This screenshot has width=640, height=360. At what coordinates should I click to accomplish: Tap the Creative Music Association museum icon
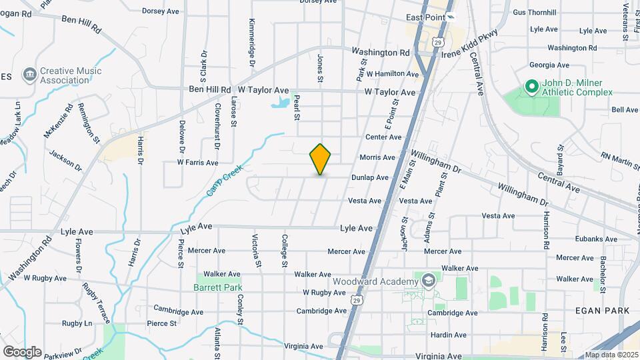pos(29,74)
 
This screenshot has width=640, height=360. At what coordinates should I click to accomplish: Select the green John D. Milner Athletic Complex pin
pos(531,86)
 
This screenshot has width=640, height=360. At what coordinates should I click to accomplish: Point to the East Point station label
pos(425,17)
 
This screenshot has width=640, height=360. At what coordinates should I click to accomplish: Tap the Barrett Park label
pos(217,287)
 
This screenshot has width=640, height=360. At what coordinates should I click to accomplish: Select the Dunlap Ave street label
pos(371,177)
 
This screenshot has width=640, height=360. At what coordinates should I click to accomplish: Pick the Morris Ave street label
pos(377,158)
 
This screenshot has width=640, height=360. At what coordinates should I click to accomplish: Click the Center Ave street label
pos(383,137)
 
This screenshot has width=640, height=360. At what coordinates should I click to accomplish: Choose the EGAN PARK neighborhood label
pos(607,311)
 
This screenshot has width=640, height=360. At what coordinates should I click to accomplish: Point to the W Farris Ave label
pos(197,162)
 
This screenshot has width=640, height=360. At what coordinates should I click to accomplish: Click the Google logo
pos(22,351)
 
